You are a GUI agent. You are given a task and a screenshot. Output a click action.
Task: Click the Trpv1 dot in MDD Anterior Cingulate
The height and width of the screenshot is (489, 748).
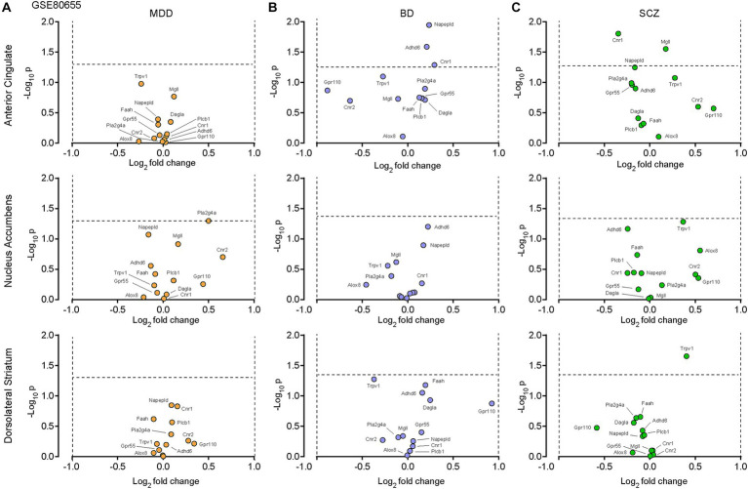click(140, 84)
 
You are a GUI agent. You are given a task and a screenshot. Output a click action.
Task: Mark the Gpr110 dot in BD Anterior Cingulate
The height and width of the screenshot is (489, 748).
click(329, 91)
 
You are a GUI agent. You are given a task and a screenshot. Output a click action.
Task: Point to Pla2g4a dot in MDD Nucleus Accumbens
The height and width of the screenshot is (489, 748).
click(209, 221)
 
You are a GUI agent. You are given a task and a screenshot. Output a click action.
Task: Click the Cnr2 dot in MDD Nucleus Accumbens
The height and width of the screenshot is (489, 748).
click(223, 257)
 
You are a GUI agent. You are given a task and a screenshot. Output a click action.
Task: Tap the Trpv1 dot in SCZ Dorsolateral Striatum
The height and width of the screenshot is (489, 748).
click(687, 356)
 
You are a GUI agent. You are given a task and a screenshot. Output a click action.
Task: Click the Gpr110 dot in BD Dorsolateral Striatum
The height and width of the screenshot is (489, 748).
click(492, 403)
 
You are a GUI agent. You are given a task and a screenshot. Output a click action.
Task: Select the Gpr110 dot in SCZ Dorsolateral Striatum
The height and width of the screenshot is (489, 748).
click(598, 428)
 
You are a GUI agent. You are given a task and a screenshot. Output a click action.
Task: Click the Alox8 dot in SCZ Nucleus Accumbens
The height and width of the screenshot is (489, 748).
click(699, 251)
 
